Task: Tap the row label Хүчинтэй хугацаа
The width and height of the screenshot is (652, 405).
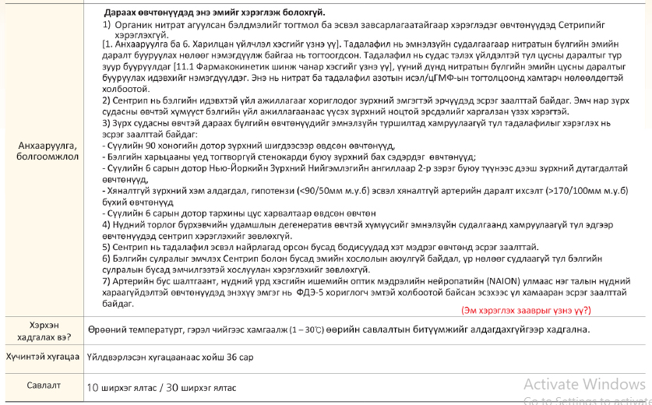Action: click(x=44, y=357)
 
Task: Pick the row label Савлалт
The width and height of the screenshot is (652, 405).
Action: click(x=44, y=385)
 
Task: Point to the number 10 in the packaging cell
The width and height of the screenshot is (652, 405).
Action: click(x=93, y=386)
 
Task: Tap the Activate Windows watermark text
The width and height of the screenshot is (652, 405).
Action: click(x=584, y=383)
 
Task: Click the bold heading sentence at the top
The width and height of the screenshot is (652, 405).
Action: click(x=214, y=12)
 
